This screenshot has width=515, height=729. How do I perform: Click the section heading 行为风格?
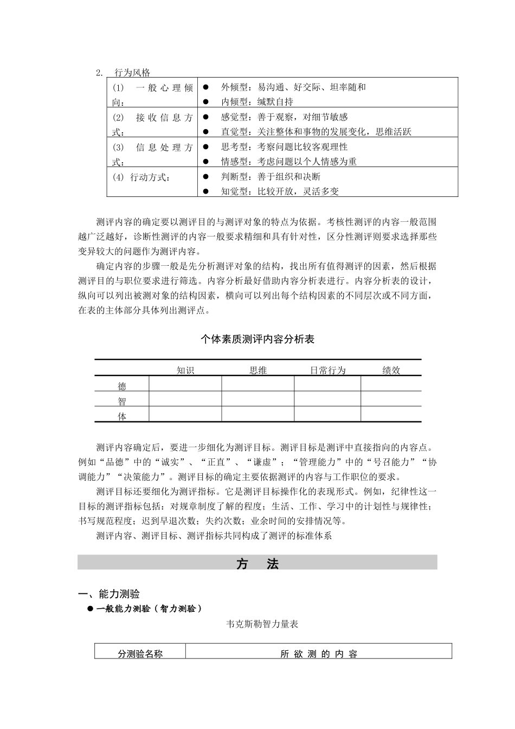point(132,73)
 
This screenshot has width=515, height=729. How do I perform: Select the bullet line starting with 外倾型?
point(293,87)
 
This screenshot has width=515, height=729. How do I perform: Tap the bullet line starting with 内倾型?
point(257,101)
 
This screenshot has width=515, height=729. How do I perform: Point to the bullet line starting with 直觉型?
point(316,131)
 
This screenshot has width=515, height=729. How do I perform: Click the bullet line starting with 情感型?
point(288,161)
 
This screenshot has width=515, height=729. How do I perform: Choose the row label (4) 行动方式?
point(141,177)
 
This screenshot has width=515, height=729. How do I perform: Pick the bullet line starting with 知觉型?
point(280,191)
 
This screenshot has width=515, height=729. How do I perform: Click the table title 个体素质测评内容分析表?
point(257,340)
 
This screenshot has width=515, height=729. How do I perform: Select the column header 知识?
point(185,370)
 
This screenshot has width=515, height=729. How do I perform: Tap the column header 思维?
point(258,370)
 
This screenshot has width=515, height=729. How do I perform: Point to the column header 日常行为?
point(327,370)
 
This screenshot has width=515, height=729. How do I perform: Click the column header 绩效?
point(391,370)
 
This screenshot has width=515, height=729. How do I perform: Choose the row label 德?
point(122,386)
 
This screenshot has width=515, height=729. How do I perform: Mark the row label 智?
point(122,401)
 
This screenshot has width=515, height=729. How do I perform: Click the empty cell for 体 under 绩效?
point(391,414)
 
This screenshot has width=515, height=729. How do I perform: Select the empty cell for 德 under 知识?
point(185,384)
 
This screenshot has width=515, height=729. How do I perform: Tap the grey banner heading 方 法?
point(257,564)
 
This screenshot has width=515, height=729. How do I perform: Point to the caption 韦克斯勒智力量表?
point(262,624)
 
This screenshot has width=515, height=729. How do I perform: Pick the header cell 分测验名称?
point(140,653)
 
